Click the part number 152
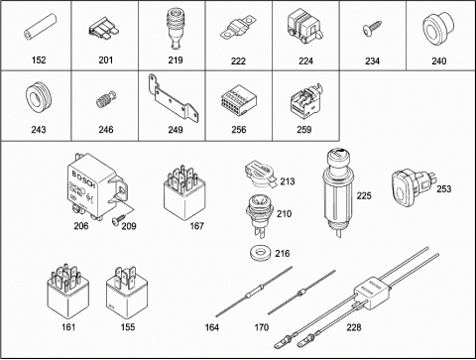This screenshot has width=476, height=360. coord(39,60)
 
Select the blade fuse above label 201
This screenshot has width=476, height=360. coord(104,28)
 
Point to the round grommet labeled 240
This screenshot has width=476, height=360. coord(438,29)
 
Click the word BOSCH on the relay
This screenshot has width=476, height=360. coord(83,180)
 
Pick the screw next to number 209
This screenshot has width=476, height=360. coord(118,220)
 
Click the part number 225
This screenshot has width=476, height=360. coord(364,195)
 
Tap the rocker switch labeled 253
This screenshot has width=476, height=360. coord(414,184)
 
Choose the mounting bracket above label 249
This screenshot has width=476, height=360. coord(174,99)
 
